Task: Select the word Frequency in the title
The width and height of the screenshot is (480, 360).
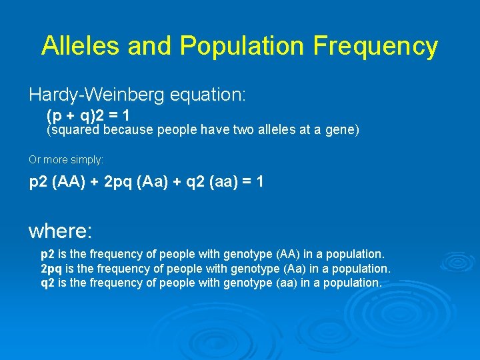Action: tap(375, 45)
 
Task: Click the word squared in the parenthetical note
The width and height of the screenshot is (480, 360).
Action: tap(73, 131)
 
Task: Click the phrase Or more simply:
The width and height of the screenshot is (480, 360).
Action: tap(66, 160)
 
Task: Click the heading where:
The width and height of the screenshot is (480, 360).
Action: tap(61, 231)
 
